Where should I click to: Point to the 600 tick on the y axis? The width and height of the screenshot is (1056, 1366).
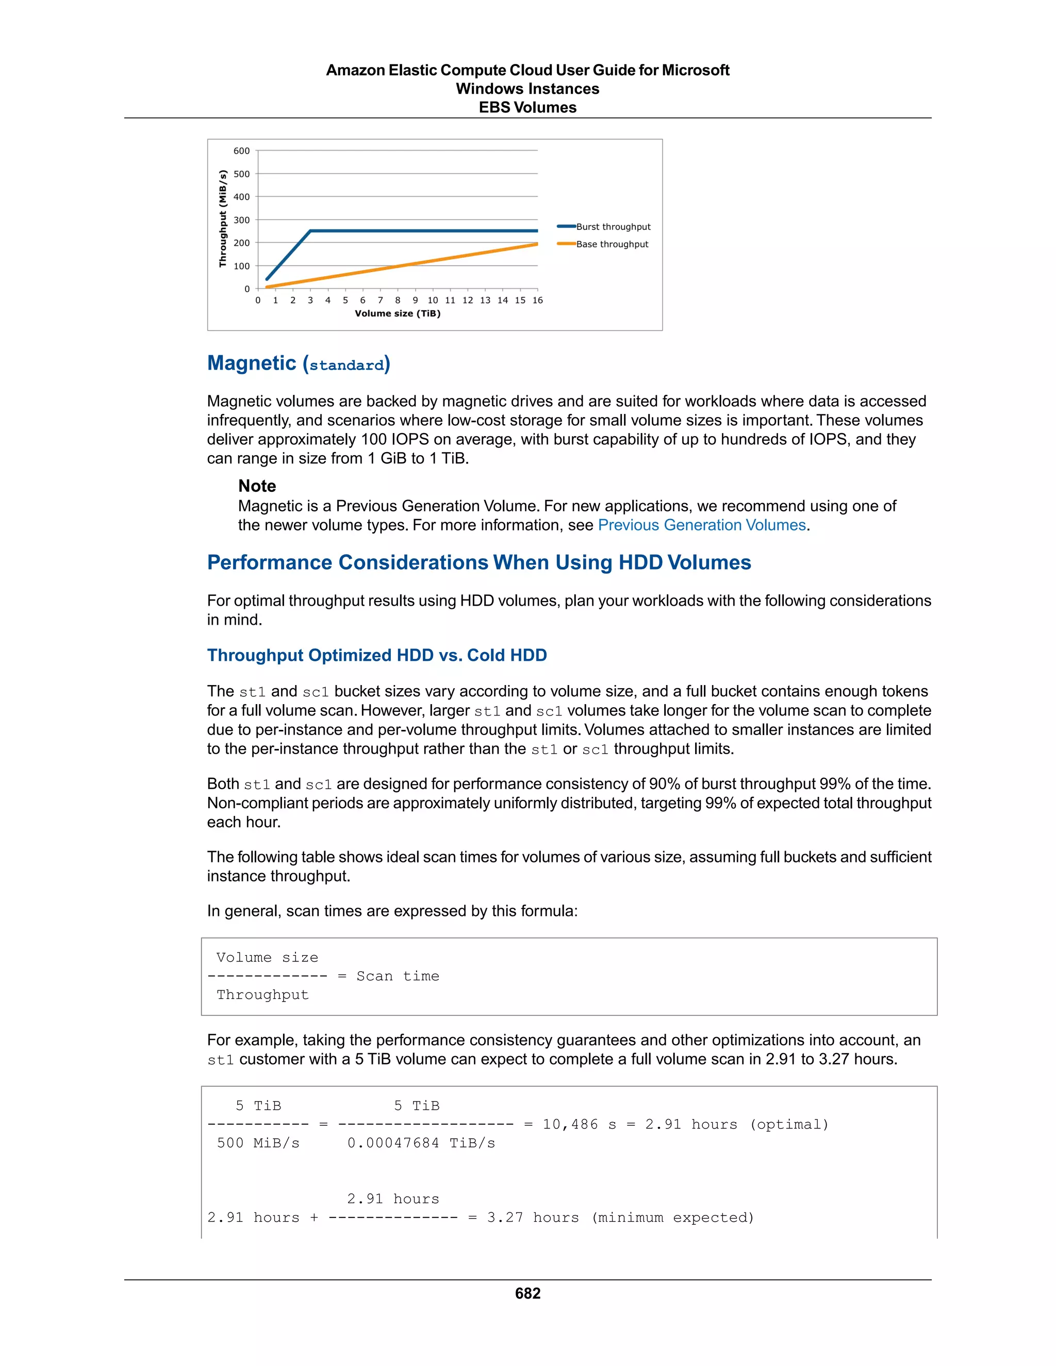click(x=241, y=151)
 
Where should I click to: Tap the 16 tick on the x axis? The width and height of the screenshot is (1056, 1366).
click(x=537, y=300)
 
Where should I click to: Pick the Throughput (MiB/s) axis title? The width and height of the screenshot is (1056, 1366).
click(x=222, y=219)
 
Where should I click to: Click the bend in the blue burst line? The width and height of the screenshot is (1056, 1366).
click(x=310, y=231)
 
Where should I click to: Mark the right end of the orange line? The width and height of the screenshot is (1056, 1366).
click(x=537, y=244)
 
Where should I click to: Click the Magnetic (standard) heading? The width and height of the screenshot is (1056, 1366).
click(x=299, y=363)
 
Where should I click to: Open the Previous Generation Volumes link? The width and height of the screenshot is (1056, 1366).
click(x=701, y=525)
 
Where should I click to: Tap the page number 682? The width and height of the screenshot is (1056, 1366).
click(x=527, y=1293)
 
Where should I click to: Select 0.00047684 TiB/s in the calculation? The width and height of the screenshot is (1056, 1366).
click(x=421, y=1143)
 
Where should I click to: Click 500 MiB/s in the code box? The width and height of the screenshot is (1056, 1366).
click(x=258, y=1143)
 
